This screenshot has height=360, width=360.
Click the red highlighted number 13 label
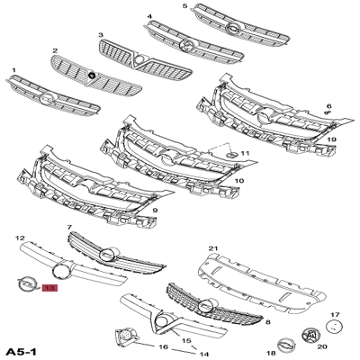[48, 290]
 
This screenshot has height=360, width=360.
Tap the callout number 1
[13, 69]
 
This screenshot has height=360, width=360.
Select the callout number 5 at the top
[185, 6]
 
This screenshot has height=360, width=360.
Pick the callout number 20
[323, 346]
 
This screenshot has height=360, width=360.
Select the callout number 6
[328, 105]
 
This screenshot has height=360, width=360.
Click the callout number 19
[332, 140]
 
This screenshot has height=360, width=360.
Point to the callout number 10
[238, 181]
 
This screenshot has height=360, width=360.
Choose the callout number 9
[156, 211]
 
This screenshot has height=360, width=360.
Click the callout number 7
[69, 229]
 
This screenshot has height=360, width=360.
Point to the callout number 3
[102, 34]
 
